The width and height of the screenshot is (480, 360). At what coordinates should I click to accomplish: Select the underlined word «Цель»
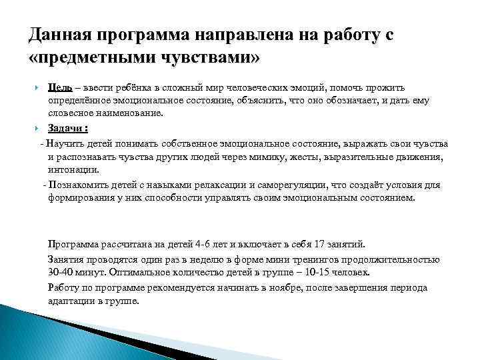[x=61, y=88]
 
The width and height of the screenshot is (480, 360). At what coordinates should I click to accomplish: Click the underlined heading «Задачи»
[x=65, y=128]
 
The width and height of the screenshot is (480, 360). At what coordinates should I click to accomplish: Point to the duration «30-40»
[x=61, y=273]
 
